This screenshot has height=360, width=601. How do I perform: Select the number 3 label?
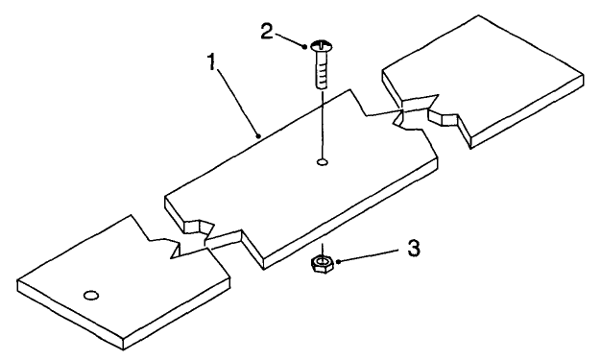click(414, 248)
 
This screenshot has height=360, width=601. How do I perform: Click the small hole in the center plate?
click(323, 162)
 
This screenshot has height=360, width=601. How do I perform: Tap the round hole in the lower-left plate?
click(92, 295)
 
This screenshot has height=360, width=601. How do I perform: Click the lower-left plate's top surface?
click(125, 288)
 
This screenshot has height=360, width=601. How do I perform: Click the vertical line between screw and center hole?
click(323, 120)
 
